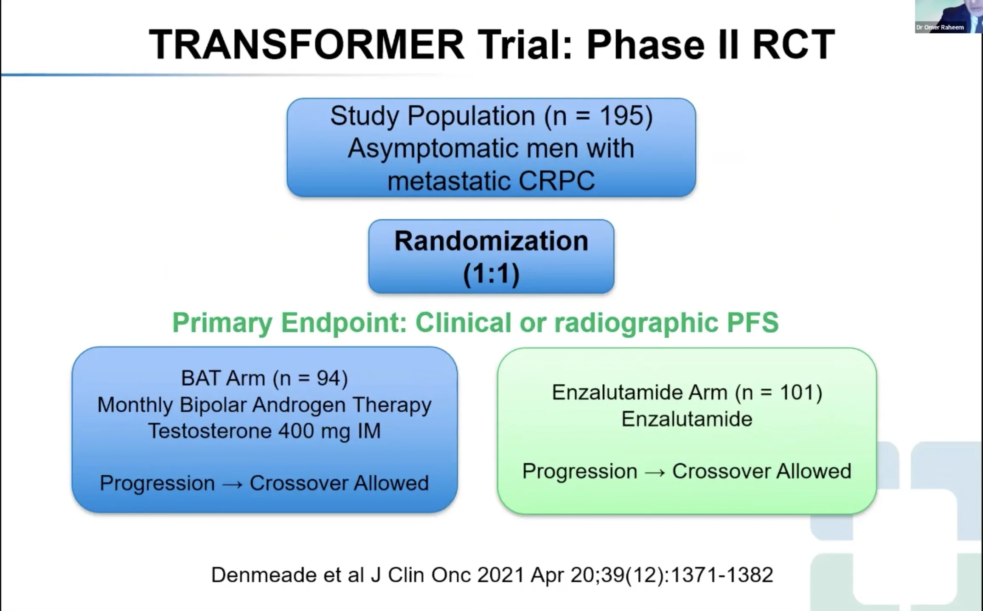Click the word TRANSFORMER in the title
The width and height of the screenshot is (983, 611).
coord(307,45)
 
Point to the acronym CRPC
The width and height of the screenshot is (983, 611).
coord(556,181)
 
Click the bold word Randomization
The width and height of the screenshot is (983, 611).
coord(491,241)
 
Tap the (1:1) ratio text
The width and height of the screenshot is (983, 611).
coord(491,274)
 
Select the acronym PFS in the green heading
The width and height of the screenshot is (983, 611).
coord(753,322)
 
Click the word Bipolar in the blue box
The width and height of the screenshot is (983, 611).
coord(213,405)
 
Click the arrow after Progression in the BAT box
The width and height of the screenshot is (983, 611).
coord(232,484)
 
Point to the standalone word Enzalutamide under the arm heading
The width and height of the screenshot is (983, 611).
coord(687,419)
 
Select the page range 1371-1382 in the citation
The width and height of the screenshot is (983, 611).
coord(722,575)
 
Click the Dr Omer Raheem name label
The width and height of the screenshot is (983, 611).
coord(940,28)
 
